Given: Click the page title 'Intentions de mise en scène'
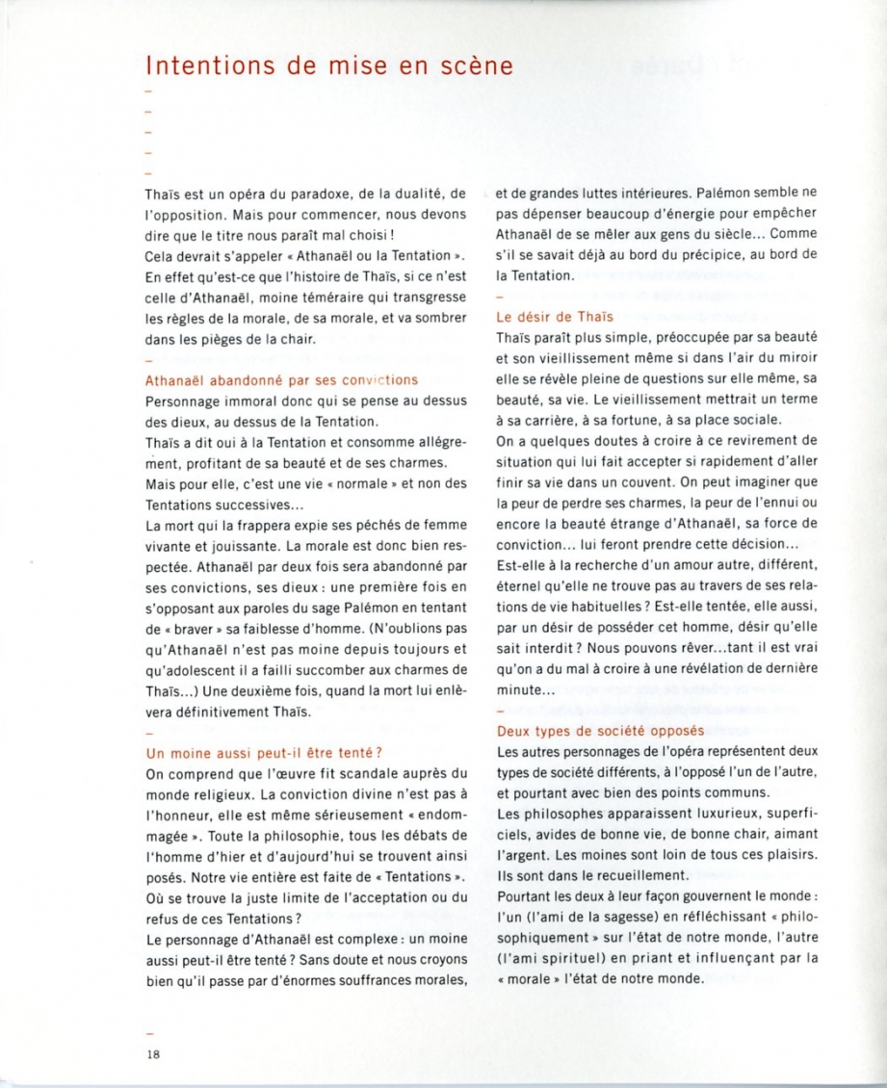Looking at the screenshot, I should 328,66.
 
